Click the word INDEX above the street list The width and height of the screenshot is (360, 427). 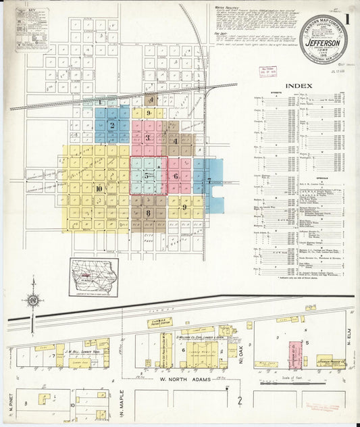pyautogui.click(x=299, y=86)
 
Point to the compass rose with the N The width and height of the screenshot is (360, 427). pyautogui.click(x=32, y=300)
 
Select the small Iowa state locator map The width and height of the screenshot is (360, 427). pyautogui.click(x=93, y=276)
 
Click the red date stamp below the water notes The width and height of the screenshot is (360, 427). pyautogui.click(x=268, y=70)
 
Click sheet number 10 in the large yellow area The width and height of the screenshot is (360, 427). pyautogui.click(x=99, y=189)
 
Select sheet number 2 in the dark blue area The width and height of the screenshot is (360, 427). pyautogui.click(x=105, y=125)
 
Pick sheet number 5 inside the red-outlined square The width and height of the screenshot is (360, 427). pyautogui.click(x=147, y=176)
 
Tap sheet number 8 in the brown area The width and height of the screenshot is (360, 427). pyautogui.click(x=147, y=213)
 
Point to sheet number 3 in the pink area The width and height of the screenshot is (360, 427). pyautogui.click(x=148, y=137)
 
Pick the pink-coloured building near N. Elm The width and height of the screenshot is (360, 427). pyautogui.click(x=295, y=354)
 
